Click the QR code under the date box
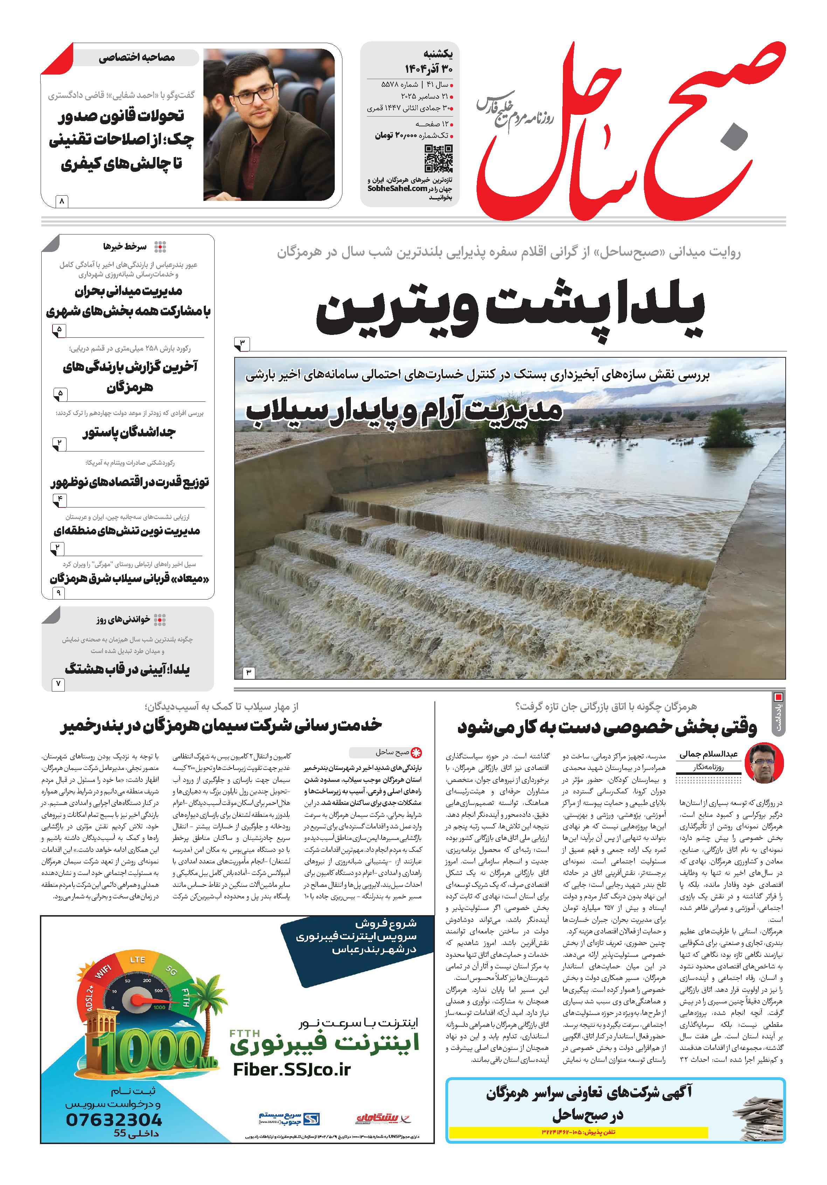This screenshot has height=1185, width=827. [x=438, y=159]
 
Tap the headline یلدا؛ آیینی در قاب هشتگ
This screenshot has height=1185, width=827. [x=127, y=670]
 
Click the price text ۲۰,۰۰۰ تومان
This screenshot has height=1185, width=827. [x=395, y=135]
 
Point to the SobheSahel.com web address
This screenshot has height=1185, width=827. [x=397, y=189]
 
